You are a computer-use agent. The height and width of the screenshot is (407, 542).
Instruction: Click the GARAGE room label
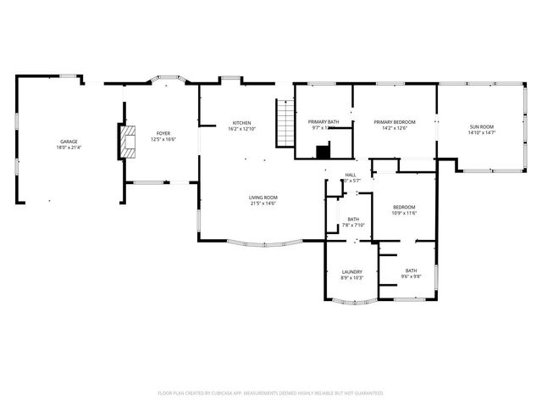(x=69, y=142)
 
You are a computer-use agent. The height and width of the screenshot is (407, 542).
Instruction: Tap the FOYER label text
(x=163, y=133)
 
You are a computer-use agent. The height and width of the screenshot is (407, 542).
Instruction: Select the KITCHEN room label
(x=241, y=123)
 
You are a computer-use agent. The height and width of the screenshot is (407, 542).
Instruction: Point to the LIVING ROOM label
(x=263, y=198)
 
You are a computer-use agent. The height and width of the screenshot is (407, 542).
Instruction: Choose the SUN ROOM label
(x=482, y=127)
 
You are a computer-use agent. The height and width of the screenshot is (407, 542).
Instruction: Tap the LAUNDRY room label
(x=352, y=271)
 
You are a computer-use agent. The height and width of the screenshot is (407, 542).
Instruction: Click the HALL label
(x=350, y=175)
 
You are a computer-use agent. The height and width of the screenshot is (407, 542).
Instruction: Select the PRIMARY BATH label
(x=324, y=122)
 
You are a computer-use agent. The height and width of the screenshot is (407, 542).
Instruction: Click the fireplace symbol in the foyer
(x=126, y=142)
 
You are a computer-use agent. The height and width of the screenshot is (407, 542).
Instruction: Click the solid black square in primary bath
(x=323, y=152)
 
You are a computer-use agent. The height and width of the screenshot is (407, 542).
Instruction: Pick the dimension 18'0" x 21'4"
(x=69, y=148)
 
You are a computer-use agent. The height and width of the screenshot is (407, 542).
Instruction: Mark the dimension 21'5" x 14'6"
(x=263, y=203)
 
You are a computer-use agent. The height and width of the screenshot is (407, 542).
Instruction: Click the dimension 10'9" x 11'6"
(x=403, y=213)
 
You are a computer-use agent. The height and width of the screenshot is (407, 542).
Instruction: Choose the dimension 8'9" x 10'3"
(x=352, y=277)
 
